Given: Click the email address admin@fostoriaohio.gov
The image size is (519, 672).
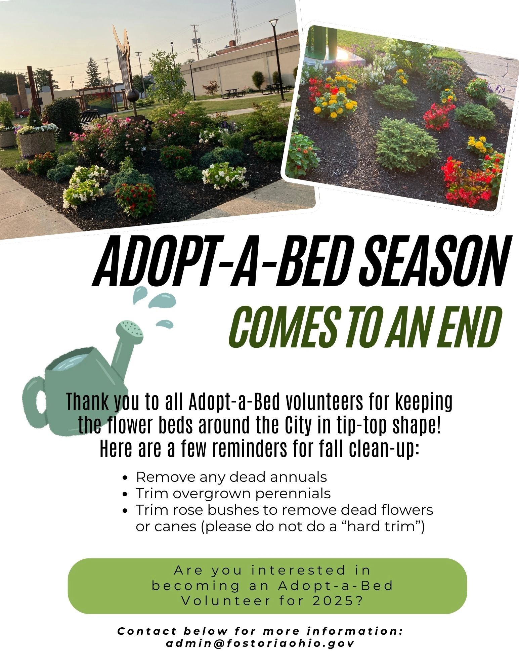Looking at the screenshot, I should (260, 644).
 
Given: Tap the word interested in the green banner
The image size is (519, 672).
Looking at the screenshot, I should (298, 571).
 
